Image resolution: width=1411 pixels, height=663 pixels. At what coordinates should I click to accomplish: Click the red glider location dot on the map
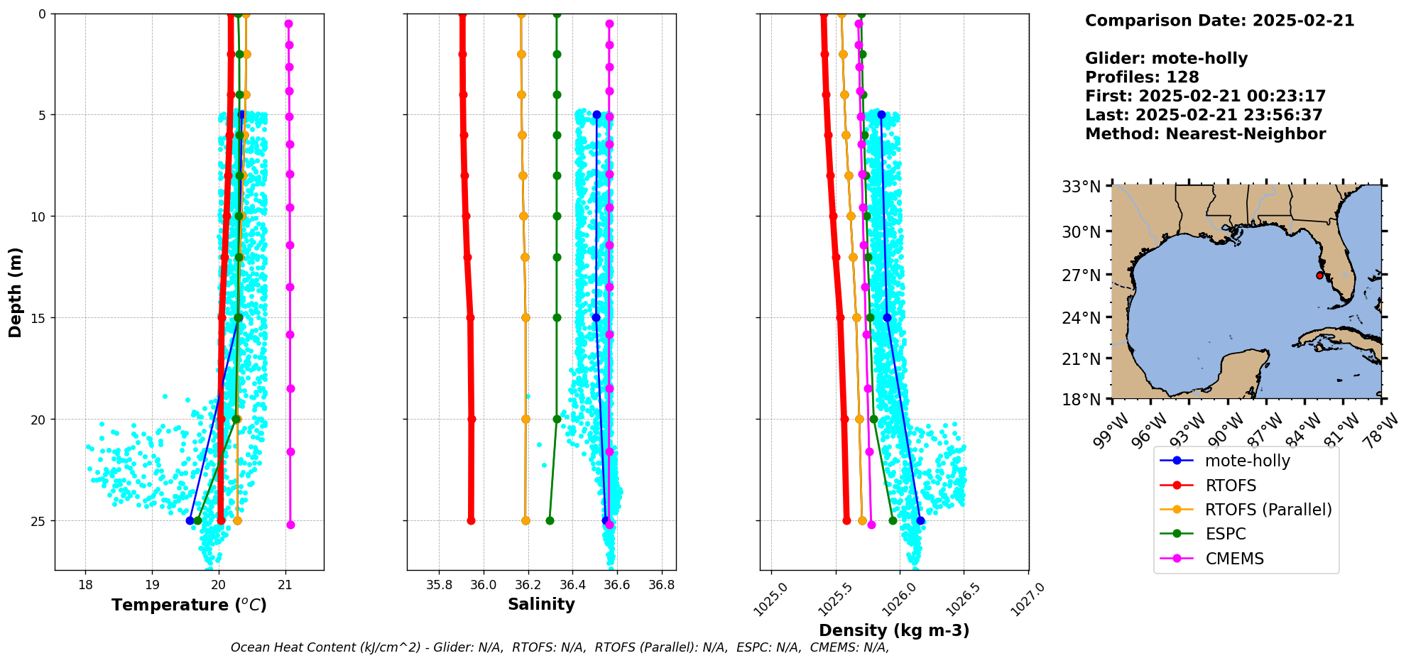(1319, 275)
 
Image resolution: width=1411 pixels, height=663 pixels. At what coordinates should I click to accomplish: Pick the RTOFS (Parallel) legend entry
(1268, 510)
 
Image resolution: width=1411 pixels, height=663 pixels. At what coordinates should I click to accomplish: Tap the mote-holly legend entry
(1247, 461)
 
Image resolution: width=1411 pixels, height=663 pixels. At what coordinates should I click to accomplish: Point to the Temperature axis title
(189, 605)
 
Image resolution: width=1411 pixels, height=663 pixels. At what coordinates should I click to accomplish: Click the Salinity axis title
(541, 604)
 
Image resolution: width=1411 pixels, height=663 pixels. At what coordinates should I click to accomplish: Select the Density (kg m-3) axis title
(894, 630)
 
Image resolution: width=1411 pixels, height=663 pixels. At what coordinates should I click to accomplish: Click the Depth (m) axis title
(16, 292)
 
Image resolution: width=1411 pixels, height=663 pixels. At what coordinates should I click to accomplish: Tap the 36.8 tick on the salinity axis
(662, 586)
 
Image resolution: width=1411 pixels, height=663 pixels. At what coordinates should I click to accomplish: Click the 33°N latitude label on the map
(1081, 187)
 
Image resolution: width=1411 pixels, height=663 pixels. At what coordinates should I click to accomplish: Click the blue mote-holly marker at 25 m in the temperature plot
(190, 520)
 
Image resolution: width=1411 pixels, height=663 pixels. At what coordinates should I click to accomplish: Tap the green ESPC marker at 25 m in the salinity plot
(550, 520)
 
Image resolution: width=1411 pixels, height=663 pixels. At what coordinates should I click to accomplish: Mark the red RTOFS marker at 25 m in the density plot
(846, 520)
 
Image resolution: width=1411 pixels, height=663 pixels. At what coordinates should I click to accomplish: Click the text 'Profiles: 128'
(1142, 77)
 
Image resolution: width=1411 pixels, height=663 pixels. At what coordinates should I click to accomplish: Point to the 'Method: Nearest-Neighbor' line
(1205, 134)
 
